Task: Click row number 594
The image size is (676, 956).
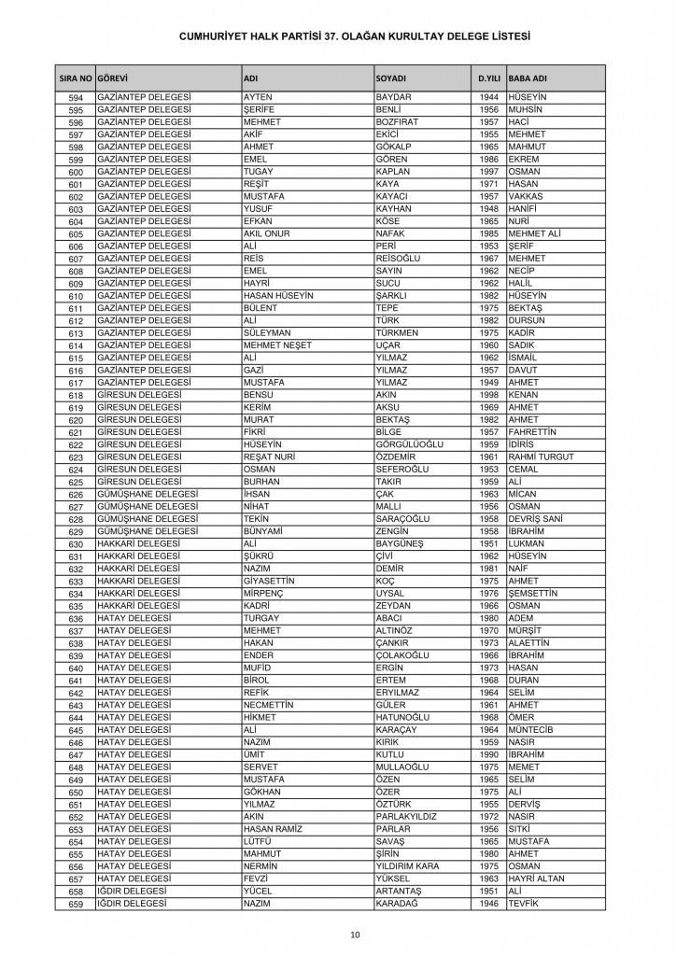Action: [x=77, y=99]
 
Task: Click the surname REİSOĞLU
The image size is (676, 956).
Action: [x=399, y=258]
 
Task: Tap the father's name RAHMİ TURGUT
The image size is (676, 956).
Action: [x=541, y=457]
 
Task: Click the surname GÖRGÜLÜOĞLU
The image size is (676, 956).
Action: [x=409, y=444]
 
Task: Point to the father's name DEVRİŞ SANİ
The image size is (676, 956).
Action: [x=538, y=518]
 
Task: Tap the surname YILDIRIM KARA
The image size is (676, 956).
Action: [x=406, y=865]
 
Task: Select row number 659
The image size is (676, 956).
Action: [x=77, y=904]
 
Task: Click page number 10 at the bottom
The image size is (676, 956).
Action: [x=356, y=934]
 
